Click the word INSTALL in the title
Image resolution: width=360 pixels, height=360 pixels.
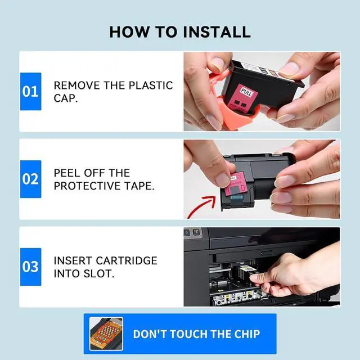[217, 32]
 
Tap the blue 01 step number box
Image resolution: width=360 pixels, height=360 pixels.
[31, 91]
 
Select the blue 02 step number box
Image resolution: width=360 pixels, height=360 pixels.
[31, 179]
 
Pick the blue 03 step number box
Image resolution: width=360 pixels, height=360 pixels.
[31, 267]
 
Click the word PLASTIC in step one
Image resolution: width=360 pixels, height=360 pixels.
[151, 85]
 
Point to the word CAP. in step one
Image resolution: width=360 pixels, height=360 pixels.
[66, 98]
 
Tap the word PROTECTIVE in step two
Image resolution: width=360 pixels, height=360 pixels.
[87, 186]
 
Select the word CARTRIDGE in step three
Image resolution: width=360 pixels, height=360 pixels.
[127, 260]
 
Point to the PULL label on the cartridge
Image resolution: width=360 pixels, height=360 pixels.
[246, 92]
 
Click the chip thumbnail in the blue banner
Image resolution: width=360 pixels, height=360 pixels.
[106, 334]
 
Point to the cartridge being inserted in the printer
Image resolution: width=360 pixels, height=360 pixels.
[247, 274]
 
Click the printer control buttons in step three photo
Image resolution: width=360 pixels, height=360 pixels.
[192, 232]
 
